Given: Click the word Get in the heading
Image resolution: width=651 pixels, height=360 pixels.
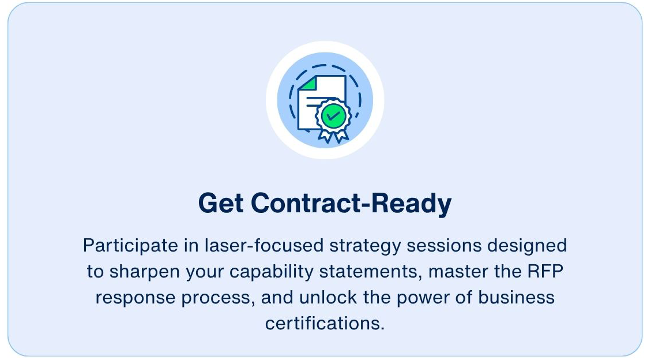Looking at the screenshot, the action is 221,203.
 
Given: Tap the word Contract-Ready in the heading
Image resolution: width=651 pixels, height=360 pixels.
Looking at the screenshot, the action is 351,204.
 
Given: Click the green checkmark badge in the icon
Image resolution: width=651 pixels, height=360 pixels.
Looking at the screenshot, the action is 333,116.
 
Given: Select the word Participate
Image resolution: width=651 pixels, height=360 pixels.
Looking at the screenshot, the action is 130,246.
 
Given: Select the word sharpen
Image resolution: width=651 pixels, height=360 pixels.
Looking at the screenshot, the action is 145,272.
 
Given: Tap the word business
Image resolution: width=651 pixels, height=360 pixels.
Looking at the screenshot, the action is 516,297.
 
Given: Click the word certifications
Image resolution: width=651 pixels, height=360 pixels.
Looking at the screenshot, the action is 325,324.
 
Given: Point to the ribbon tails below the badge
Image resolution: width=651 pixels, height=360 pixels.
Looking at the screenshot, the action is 333,136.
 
